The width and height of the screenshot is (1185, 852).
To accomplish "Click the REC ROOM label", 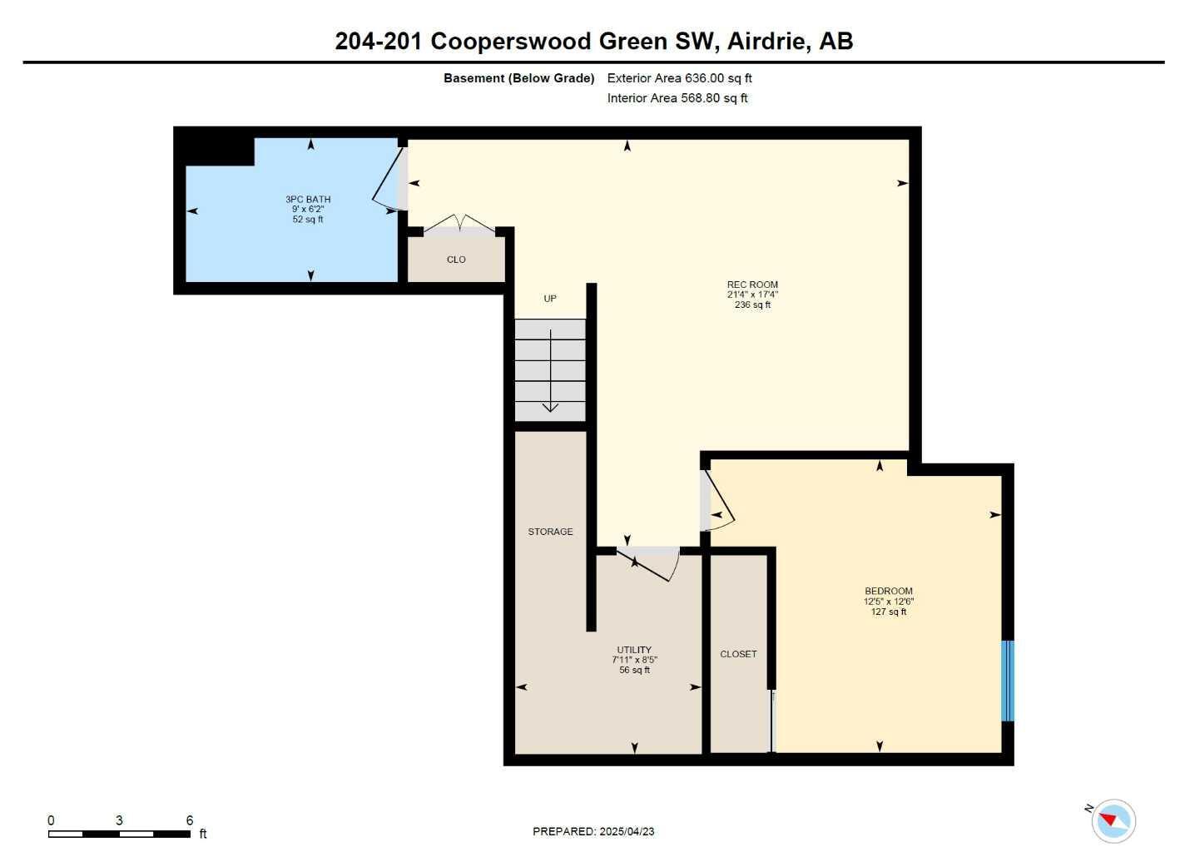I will (x=752, y=285).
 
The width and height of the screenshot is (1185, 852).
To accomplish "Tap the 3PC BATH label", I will (x=308, y=199).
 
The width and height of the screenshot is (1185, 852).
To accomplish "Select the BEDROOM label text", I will (x=888, y=592).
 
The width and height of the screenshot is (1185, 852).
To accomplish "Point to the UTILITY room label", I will (x=634, y=650).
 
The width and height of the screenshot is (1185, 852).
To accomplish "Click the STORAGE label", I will (x=550, y=532).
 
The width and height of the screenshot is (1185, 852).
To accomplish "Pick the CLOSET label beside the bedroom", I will (x=738, y=654).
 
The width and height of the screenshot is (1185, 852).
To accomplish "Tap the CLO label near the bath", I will (x=456, y=260).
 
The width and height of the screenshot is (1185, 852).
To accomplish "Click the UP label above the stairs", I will (x=550, y=299).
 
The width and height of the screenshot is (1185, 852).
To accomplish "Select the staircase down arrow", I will (x=550, y=370).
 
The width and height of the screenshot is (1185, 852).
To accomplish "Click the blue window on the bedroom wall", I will (x=1007, y=681).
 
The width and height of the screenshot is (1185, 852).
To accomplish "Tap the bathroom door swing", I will (x=388, y=179).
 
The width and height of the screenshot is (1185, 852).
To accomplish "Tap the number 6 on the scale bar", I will (x=190, y=820).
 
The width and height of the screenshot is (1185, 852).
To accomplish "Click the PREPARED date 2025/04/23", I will (x=627, y=831).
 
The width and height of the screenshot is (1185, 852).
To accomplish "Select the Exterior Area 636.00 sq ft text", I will (x=679, y=78).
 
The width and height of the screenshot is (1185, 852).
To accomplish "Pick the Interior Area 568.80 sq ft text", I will (x=677, y=98).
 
